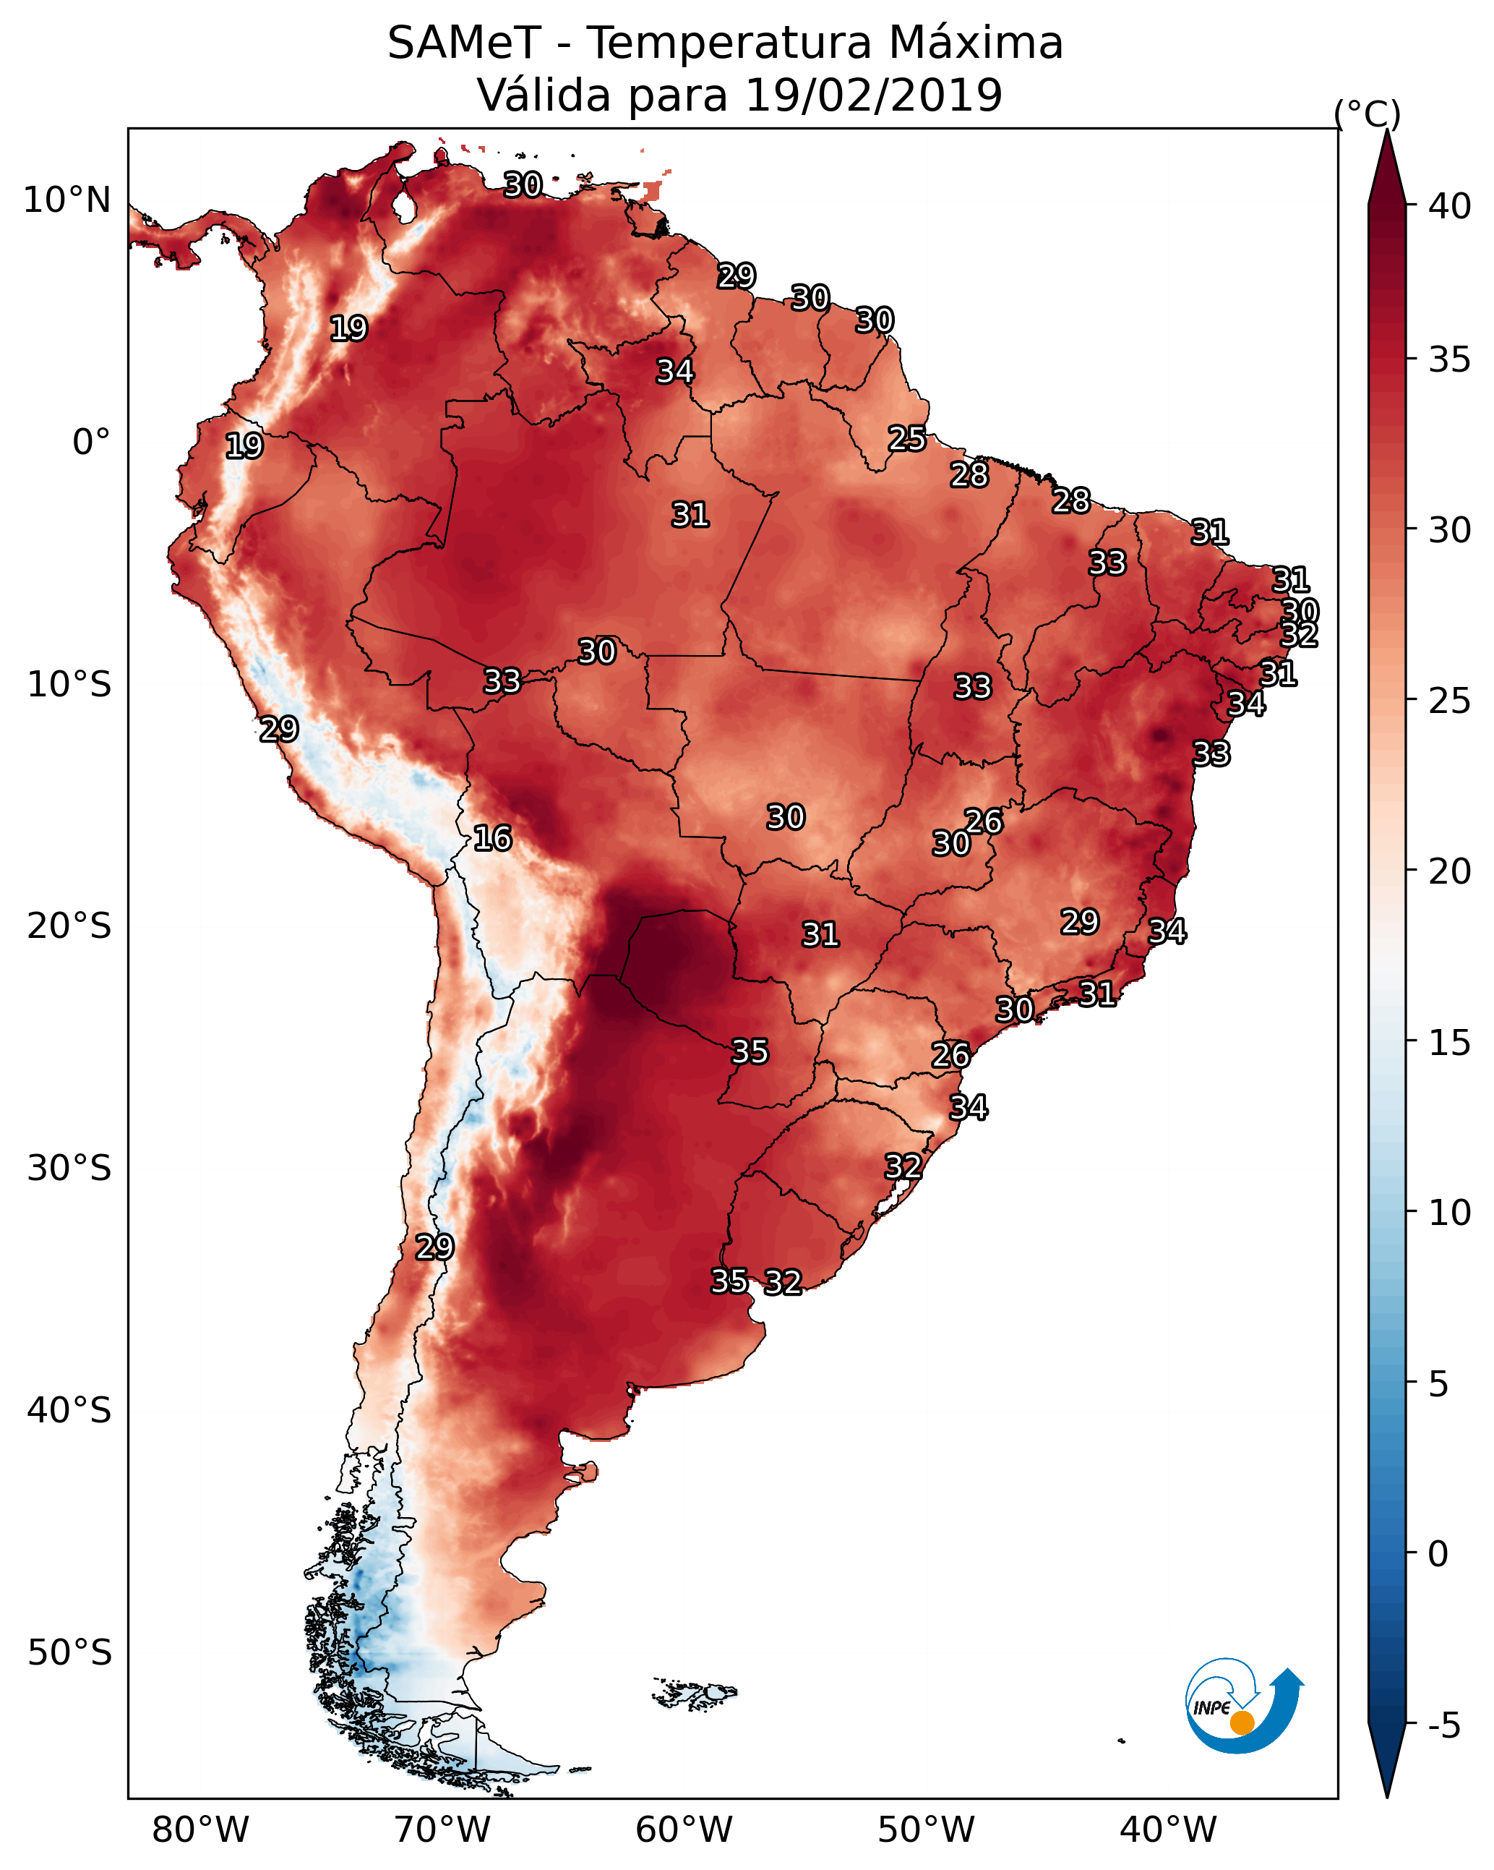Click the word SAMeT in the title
click(464, 43)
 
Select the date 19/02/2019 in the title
click(873, 95)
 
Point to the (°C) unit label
click(1367, 114)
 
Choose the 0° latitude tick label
click(92, 443)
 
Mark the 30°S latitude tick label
click(69, 1169)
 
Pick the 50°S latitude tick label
click(69, 1652)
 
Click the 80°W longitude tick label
click(200, 1830)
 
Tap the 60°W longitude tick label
click(684, 1830)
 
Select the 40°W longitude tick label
click(1168, 1830)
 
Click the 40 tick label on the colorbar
click(1450, 206)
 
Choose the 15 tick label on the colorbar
click(1450, 1043)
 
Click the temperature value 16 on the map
click(492, 838)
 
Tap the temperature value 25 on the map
click(907, 438)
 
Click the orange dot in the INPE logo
click(1242, 1722)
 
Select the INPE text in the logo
click(1211, 1709)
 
